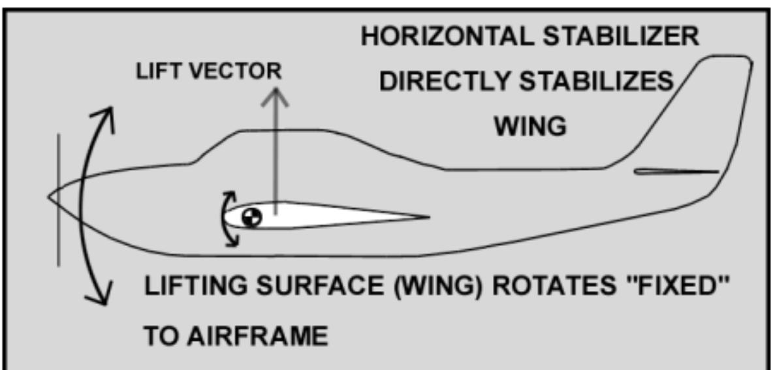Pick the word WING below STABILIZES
[x=529, y=127]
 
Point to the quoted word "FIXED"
[x=680, y=288]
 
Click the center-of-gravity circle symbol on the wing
[x=251, y=218]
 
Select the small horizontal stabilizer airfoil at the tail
[x=676, y=172]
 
